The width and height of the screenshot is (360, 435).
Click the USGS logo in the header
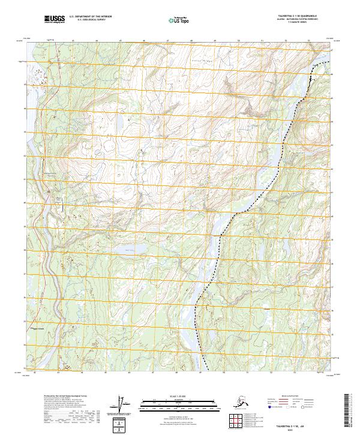tap(55, 20)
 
